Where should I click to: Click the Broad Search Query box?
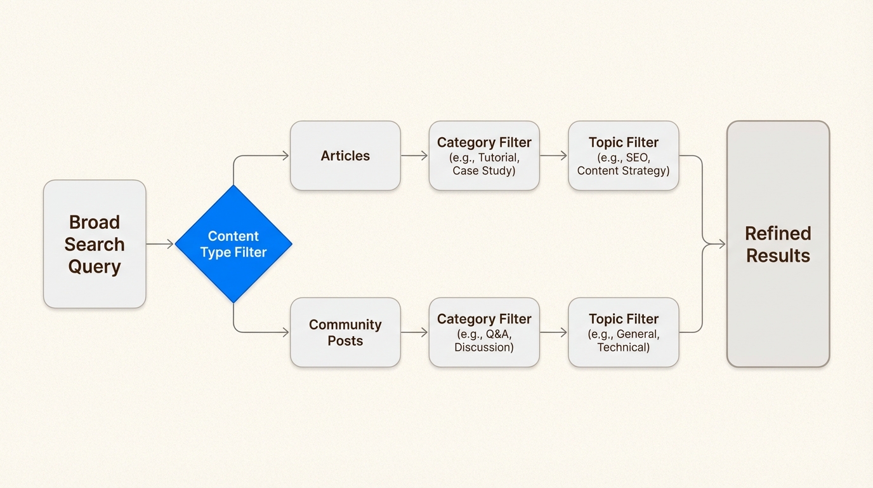tap(95, 244)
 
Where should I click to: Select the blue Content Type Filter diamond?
tap(233, 244)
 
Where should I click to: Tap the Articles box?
tap(345, 156)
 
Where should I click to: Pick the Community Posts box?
tap(345, 332)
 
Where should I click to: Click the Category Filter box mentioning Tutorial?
tap(484, 156)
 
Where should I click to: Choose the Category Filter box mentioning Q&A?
tap(484, 332)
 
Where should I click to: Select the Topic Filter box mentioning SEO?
tap(623, 156)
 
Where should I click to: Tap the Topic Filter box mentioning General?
tap(623, 332)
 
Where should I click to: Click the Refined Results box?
tap(778, 244)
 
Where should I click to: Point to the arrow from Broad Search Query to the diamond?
tap(160, 244)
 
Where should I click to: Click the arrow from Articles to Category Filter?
tap(415, 156)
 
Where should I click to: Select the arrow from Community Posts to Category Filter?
tap(415, 332)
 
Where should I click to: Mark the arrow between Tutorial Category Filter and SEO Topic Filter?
tap(553, 156)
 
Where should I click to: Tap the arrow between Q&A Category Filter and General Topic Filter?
tap(553, 332)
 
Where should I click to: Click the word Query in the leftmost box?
tap(95, 266)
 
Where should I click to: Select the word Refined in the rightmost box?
tap(778, 233)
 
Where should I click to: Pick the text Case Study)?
tap(484, 171)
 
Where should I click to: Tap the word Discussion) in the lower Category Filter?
tap(484, 348)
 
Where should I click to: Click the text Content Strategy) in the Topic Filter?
tap(623, 171)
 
